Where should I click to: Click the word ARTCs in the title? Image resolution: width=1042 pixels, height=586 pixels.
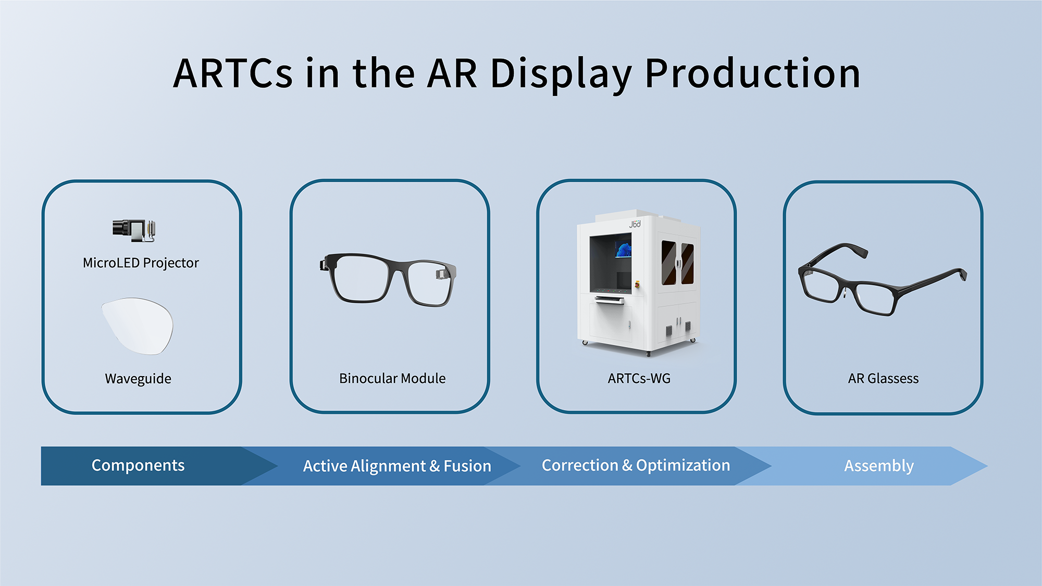(x=233, y=73)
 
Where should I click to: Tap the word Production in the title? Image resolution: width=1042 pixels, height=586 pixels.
(x=752, y=73)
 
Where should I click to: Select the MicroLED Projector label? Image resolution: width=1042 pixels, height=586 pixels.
(x=141, y=263)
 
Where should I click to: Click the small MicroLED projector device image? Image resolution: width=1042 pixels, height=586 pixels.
(x=134, y=230)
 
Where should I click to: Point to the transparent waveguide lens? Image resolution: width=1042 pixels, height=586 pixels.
(x=137, y=326)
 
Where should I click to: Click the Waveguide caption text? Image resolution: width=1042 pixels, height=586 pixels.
(x=138, y=379)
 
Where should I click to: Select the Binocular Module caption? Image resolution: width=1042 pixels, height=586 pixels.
(x=392, y=378)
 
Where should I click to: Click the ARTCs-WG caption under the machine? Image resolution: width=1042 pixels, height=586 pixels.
(x=639, y=378)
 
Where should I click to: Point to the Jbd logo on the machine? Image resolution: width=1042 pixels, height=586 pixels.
(x=635, y=224)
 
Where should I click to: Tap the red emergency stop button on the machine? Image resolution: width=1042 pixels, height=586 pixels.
(x=637, y=284)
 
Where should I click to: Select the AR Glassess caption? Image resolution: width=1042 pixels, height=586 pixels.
(x=883, y=378)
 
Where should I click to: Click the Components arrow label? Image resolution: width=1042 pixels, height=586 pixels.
(x=138, y=465)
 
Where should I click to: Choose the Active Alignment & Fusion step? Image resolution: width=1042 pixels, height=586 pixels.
(x=397, y=466)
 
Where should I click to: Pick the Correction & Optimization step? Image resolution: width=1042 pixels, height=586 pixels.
(x=636, y=465)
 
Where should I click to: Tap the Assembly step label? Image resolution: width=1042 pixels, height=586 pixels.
(x=879, y=466)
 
